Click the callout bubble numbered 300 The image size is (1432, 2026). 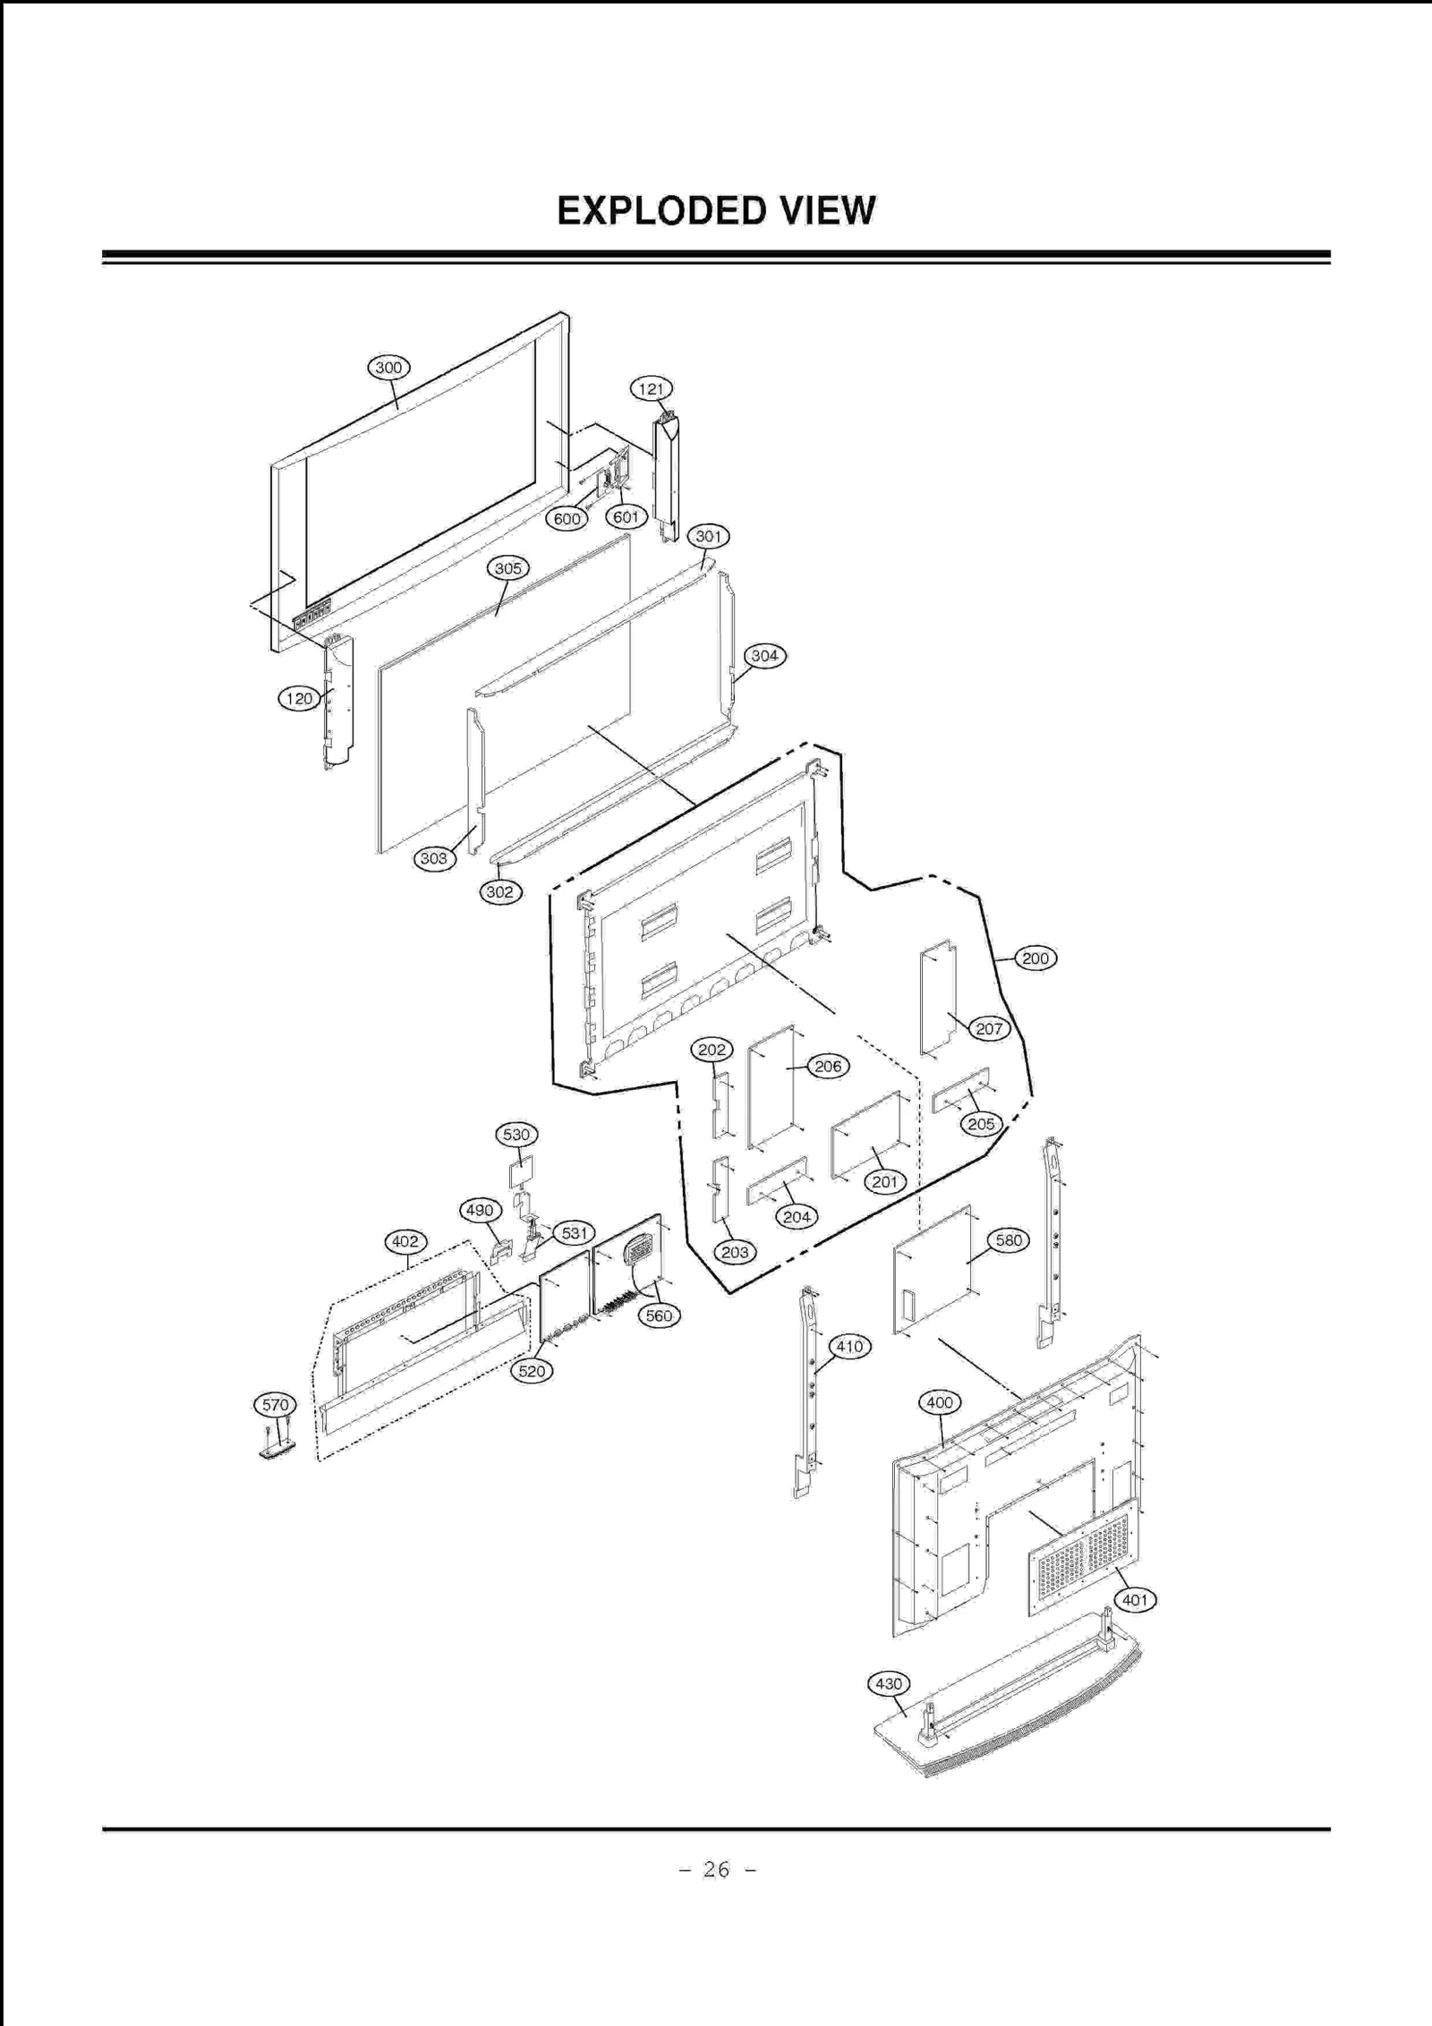point(388,368)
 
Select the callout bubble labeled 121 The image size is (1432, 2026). point(652,389)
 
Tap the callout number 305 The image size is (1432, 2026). point(508,568)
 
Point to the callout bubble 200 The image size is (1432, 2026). point(1036,958)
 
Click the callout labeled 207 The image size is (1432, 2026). point(989,1029)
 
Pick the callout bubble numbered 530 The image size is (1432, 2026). point(516,1135)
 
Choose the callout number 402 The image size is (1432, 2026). point(405,1242)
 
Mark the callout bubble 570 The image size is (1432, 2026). point(275,1405)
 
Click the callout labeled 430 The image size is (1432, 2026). point(889,1684)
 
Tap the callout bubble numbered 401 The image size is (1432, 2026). point(1135,1600)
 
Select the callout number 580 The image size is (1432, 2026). point(1009,1240)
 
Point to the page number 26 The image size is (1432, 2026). point(716,1869)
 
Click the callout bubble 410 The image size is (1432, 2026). point(849,1347)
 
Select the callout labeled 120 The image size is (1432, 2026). point(299,699)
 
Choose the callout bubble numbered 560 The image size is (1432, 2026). point(659,1315)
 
